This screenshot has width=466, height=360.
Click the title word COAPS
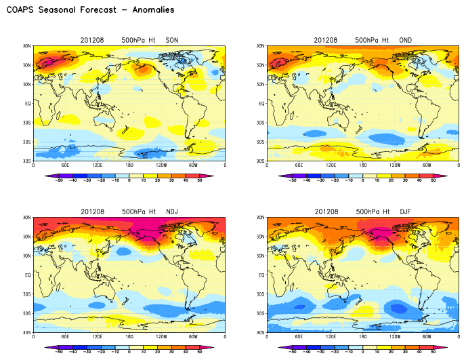(21, 10)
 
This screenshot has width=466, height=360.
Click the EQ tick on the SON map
(28, 104)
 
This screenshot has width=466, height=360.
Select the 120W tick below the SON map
(161, 165)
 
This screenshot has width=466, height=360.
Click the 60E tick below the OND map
(299, 165)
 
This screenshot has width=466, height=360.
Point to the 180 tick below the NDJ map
(129, 337)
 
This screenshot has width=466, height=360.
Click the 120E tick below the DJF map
(331, 337)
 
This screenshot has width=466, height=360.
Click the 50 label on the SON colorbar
(200, 180)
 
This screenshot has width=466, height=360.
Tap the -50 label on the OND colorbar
(292, 180)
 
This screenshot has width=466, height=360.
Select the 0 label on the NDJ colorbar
(129, 352)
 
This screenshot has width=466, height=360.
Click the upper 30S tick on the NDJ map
(27, 294)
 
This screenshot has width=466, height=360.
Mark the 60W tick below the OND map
(427, 165)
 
